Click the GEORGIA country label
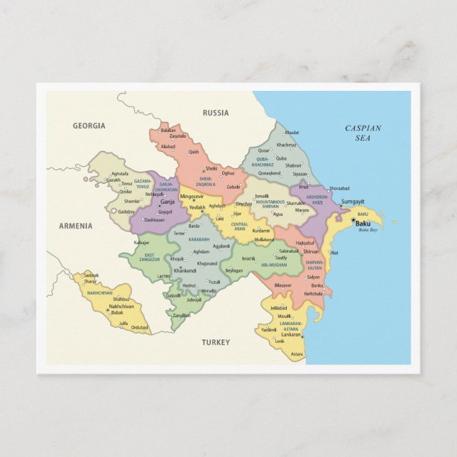tap(89, 126)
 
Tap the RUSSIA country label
tap(216, 113)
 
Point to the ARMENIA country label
tap(75, 226)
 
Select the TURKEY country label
tap(216, 342)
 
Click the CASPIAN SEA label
tap(363, 133)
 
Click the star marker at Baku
tap(353, 220)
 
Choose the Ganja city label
tap(167, 202)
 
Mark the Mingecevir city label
tap(192, 196)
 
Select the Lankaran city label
tap(291, 334)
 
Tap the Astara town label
tap(297, 354)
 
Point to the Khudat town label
tap(292, 133)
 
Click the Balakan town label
tap(168, 130)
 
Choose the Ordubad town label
tap(140, 327)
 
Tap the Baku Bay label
tap(367, 230)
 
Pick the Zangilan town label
tap(181, 315)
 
